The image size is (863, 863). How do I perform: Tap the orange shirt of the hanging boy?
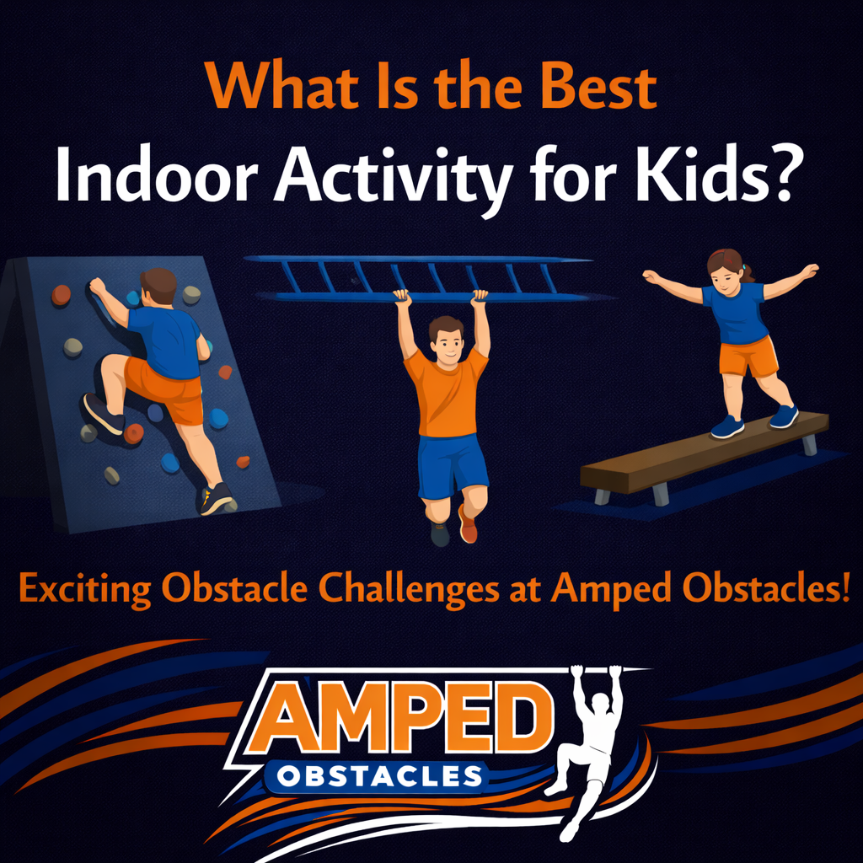click(x=447, y=396)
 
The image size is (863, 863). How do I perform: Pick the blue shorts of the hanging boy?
click(x=453, y=465)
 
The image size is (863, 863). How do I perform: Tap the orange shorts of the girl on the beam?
click(x=747, y=356)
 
